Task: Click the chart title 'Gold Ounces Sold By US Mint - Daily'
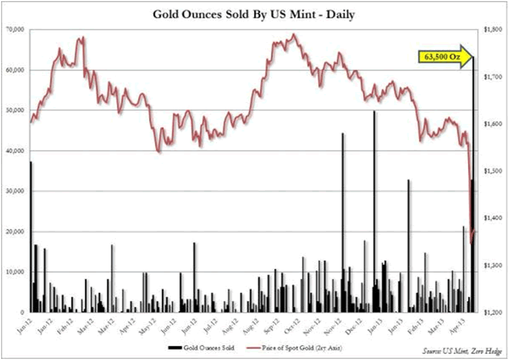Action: [254, 13]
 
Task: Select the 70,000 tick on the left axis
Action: [15, 29]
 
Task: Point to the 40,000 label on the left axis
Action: [15, 150]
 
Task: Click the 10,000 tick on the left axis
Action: [15, 272]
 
